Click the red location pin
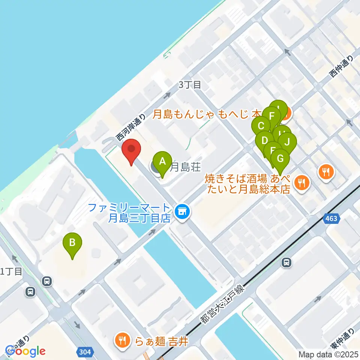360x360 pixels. pyautogui.click(x=131, y=150)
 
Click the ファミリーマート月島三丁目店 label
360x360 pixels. pyautogui.click(x=129, y=212)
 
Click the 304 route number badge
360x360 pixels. pyautogui.click(x=85, y=352)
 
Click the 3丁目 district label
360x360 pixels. pyautogui.click(x=190, y=85)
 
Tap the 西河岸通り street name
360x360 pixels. pyautogui.click(x=130, y=128)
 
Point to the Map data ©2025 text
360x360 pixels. pyautogui.click(x=328, y=354)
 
